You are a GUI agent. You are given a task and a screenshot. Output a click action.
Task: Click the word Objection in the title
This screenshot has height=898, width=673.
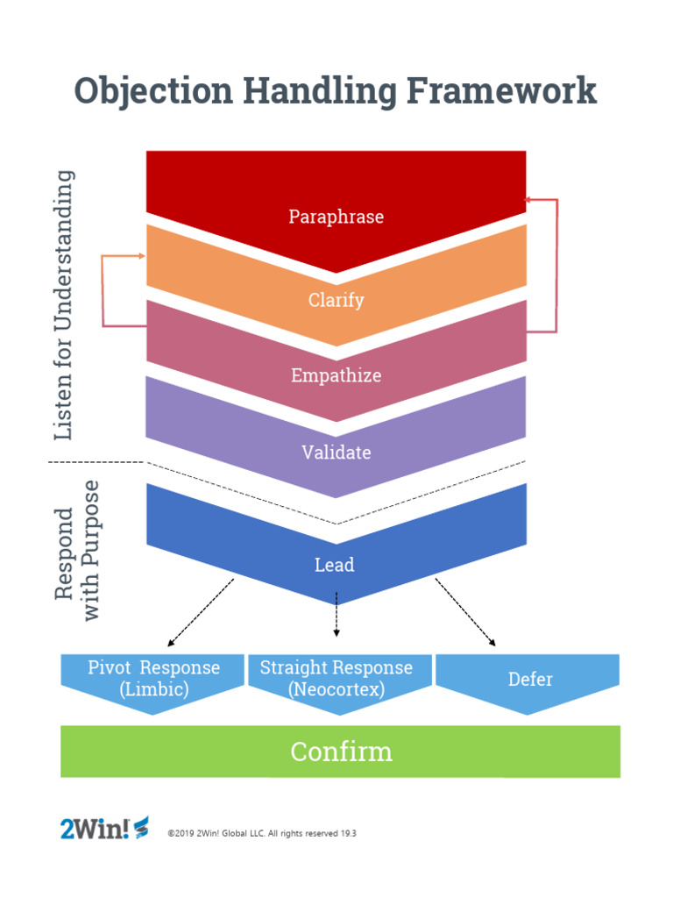click(152, 91)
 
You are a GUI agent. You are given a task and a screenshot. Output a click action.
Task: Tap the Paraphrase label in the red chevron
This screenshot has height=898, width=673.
click(336, 217)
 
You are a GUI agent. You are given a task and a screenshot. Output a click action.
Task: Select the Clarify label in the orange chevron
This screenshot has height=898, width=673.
click(336, 300)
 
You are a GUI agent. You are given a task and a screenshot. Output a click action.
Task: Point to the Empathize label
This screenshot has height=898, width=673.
click(336, 375)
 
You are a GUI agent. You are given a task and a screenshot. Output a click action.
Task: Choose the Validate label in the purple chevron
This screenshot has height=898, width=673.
click(336, 453)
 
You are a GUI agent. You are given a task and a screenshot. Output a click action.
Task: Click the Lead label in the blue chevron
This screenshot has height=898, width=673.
click(335, 565)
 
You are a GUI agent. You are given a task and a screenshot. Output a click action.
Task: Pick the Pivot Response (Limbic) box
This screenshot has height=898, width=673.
click(153, 679)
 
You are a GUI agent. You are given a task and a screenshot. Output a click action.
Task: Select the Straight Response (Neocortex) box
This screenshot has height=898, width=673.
click(336, 679)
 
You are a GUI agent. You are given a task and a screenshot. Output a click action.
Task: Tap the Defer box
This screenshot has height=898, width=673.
click(529, 680)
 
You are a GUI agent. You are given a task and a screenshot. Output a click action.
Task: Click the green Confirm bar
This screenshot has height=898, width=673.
click(340, 752)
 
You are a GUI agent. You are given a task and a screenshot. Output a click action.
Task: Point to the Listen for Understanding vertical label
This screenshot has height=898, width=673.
click(63, 305)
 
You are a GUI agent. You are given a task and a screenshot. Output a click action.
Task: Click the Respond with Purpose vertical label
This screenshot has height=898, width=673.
click(76, 551)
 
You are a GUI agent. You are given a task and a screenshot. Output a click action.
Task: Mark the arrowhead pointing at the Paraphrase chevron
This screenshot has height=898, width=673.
click(528, 200)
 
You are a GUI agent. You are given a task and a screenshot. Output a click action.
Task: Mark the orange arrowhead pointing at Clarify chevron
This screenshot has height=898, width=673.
click(142, 256)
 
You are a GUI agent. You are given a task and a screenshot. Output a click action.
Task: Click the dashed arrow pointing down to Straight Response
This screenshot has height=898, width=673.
click(336, 614)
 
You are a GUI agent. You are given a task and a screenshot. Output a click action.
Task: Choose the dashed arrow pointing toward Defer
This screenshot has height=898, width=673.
click(466, 613)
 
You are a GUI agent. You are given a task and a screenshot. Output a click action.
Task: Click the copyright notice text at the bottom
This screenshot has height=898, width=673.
click(261, 833)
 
